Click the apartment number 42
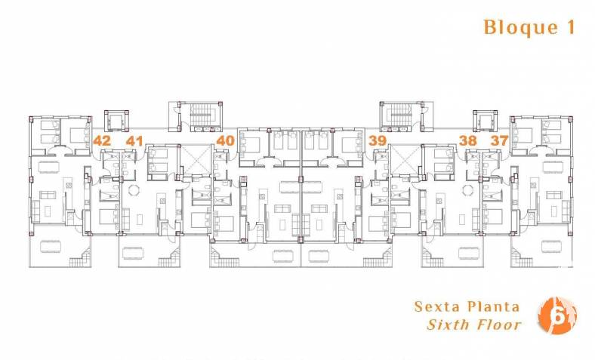102,140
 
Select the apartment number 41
134,141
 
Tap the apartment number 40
226,140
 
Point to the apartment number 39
378,140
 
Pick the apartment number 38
467,140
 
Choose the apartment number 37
499,140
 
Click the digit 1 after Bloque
571,26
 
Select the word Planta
492,306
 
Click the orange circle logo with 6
557,315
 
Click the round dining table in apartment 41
134,189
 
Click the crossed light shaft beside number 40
197,159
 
